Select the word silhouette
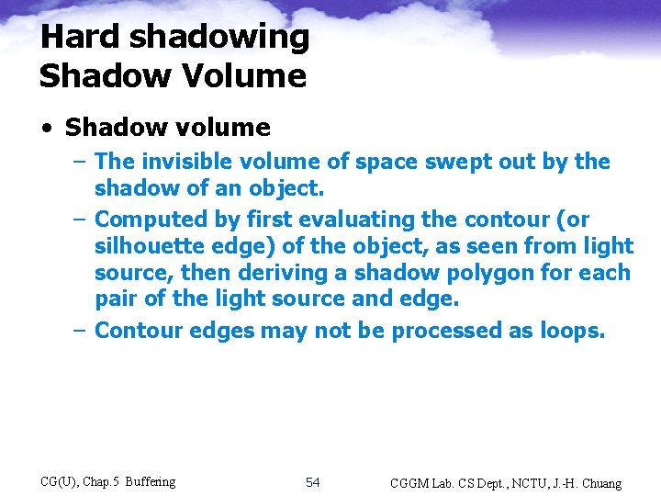pos(143,246)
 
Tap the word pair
pos(115,299)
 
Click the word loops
pos(571,331)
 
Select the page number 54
pos(312,482)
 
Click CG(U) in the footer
pos(61,482)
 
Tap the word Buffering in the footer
pos(151,482)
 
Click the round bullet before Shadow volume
pos(49,128)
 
